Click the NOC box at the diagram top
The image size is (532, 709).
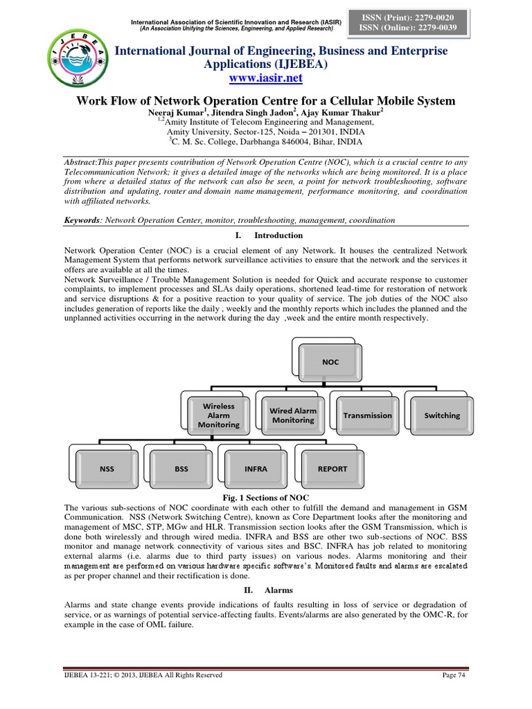[x=330, y=361]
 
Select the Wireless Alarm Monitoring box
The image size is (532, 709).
[x=218, y=415]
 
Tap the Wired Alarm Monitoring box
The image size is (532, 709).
[x=292, y=415]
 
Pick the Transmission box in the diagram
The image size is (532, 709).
[x=367, y=415]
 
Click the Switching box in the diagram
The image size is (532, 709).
[x=441, y=415]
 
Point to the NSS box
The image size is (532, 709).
[x=107, y=469]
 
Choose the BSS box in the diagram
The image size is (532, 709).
[x=181, y=469]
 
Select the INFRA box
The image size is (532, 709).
[x=256, y=469]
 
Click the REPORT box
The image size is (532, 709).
[x=332, y=469]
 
